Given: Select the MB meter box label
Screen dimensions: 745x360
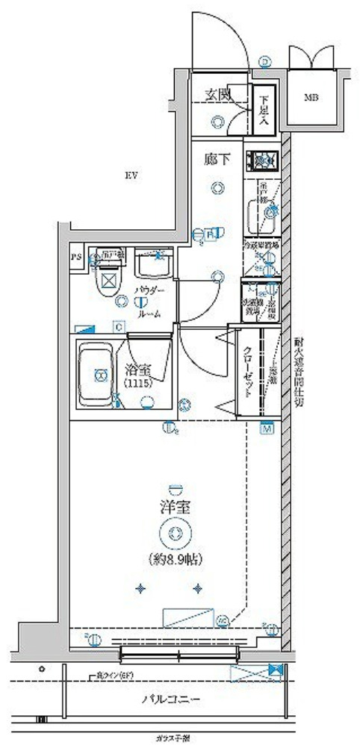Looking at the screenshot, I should point(310,97).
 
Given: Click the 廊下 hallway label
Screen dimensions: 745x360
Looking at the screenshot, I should point(215,159).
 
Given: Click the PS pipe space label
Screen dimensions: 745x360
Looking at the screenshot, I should point(75,258).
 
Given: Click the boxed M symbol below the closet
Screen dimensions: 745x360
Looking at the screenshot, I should point(265,428).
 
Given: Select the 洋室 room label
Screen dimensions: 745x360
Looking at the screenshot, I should point(175,507).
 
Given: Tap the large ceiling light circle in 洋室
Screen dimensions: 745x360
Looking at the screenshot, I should point(175,532).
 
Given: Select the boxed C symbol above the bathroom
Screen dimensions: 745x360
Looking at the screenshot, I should point(119,326).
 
